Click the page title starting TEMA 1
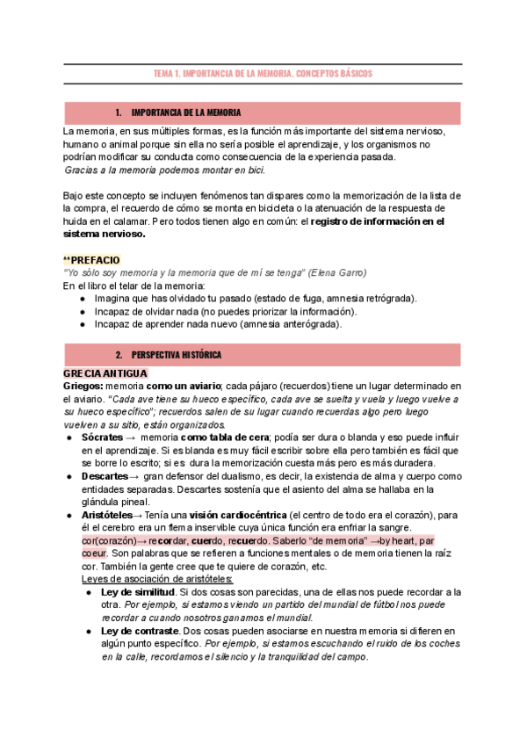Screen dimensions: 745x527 (263, 75)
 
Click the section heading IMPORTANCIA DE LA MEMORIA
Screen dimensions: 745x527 (186, 113)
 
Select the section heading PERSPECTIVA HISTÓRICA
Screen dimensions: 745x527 (177, 354)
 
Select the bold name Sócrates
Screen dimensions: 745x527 (102, 437)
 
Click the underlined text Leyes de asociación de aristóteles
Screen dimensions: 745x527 (157, 579)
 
